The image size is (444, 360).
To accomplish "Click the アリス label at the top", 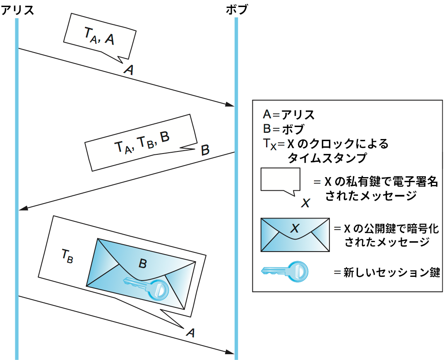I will pyautogui.click(x=17, y=9).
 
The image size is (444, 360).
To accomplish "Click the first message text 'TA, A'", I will pyautogui.click(x=99, y=37).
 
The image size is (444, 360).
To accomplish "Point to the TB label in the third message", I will pyautogui.click(x=67, y=257).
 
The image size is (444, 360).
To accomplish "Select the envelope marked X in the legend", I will pyautogui.click(x=295, y=235).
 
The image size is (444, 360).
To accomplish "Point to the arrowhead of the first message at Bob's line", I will pyautogui.click(x=230, y=105).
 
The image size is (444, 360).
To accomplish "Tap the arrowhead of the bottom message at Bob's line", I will pyautogui.click(x=230, y=352).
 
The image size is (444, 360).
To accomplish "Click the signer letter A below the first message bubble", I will pyautogui.click(x=129, y=70).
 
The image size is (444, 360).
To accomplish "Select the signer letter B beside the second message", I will pyautogui.click(x=205, y=150).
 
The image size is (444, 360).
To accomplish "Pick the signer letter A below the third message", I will pyautogui.click(x=190, y=332).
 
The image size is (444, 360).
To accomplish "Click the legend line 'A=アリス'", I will pyautogui.click(x=288, y=115).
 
